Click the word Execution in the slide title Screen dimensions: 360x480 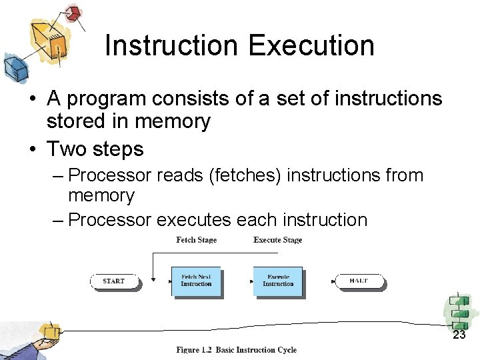[x=311, y=45]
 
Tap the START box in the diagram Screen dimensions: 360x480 [x=114, y=281]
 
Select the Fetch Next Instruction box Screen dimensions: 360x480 [x=196, y=281]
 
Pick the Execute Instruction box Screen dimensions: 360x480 [x=278, y=281]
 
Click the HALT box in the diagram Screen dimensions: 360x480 [x=359, y=281]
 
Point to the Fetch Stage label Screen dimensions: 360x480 [x=196, y=240]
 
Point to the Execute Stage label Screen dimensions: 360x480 [x=278, y=240]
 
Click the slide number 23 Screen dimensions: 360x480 [x=459, y=335]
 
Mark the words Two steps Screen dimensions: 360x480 [x=95, y=149]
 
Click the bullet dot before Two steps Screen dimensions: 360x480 [x=31, y=149]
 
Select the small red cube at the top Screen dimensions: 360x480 [x=73, y=12]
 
